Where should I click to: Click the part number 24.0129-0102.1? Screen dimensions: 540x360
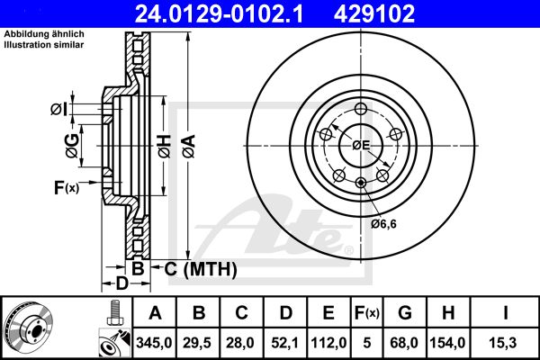(219, 13)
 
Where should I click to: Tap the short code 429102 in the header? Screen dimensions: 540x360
(374, 13)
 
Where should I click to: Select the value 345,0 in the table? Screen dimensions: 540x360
(154, 343)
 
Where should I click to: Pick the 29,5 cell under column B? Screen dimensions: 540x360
(197, 343)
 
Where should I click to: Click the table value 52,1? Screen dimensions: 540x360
(284, 343)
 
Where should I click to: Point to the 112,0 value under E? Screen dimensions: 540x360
(328, 343)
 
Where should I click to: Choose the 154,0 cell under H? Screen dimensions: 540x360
(447, 343)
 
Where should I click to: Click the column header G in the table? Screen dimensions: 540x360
(405, 313)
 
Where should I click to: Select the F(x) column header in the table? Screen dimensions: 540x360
(367, 313)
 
